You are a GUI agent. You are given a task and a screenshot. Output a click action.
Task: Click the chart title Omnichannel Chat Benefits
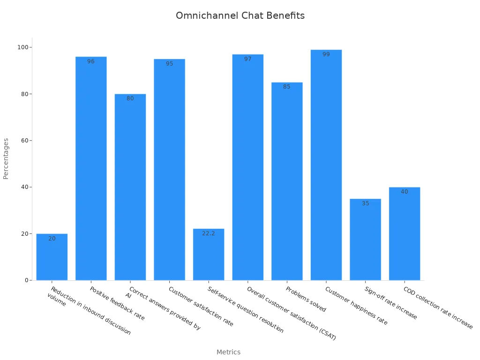(240, 15)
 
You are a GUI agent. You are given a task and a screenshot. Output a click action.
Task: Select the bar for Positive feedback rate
(91, 169)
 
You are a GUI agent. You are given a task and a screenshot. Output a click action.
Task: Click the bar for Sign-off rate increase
(365, 240)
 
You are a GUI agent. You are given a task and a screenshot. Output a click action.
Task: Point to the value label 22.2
(209, 233)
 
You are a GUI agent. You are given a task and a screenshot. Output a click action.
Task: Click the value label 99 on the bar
(326, 54)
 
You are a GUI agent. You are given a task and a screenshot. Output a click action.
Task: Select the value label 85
(287, 87)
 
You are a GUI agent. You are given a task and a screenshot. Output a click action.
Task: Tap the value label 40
(405, 192)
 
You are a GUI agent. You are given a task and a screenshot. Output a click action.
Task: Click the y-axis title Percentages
(6, 158)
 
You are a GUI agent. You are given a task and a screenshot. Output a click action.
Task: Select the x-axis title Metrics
(228, 352)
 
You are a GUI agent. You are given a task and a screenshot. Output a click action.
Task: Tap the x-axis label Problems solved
(306, 299)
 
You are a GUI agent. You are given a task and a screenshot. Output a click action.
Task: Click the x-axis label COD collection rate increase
(438, 307)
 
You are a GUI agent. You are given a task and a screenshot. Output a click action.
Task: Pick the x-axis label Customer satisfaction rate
(201, 307)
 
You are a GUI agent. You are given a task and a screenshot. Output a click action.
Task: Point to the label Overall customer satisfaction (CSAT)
(291, 313)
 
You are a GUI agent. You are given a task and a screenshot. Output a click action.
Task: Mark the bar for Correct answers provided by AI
(130, 187)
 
